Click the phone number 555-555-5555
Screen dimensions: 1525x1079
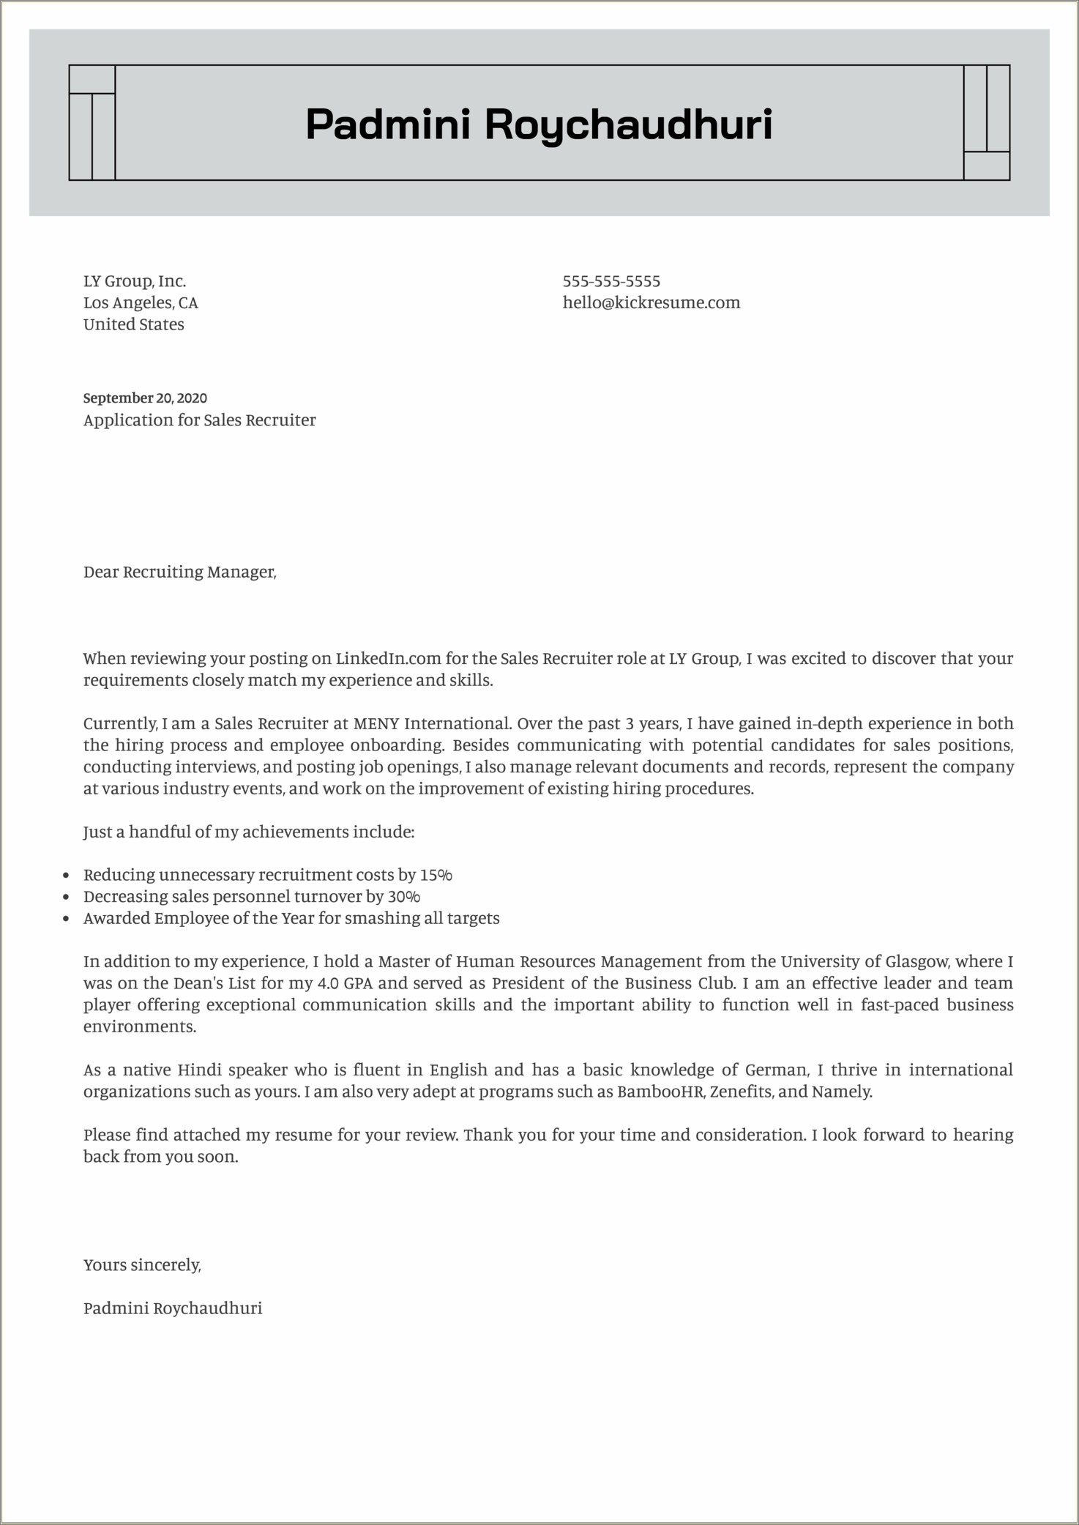pos(611,281)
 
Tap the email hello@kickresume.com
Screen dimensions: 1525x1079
pos(651,302)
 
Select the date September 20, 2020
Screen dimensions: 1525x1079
pos(145,398)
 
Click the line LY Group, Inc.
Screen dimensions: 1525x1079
pos(135,281)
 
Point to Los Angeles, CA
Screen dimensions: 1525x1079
pos(141,302)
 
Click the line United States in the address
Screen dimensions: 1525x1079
pos(134,324)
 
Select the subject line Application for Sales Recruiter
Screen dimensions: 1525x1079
pos(199,420)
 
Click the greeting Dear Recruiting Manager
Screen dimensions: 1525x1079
pos(179,572)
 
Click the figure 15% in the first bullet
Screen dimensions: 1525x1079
pos(436,875)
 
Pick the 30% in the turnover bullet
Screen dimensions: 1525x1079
pos(404,897)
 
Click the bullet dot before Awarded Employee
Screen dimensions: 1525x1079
pos(67,919)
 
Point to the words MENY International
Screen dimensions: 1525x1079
pos(431,723)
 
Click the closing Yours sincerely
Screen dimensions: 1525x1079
pos(142,1265)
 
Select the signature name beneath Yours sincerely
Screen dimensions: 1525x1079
pos(173,1308)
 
